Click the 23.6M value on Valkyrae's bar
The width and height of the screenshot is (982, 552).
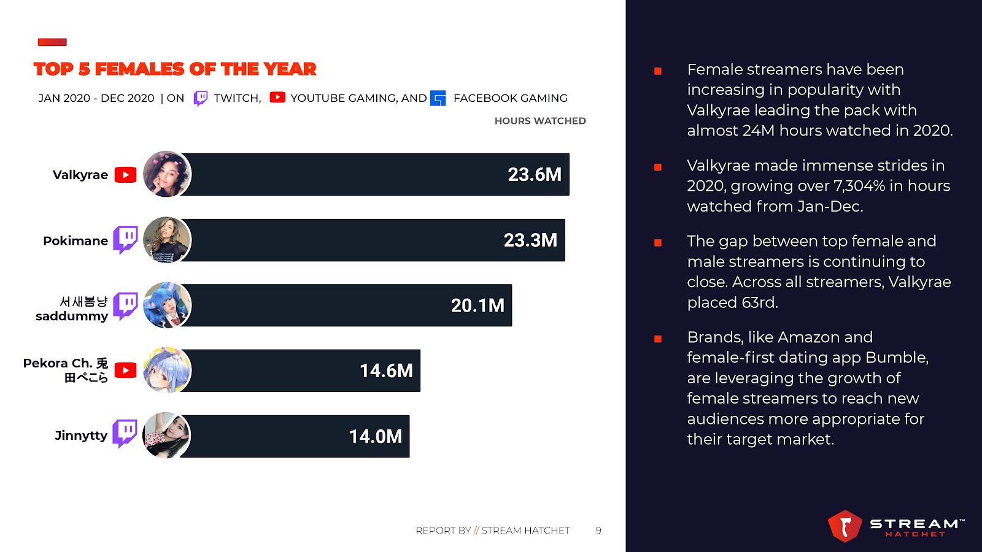tap(534, 175)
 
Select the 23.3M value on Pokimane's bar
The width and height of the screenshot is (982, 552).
tap(530, 240)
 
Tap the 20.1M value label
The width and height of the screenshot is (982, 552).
tap(477, 305)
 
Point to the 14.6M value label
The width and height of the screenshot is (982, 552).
tap(386, 371)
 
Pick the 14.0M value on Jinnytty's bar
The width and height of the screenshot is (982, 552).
tap(376, 437)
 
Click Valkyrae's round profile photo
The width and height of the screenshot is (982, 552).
tap(167, 174)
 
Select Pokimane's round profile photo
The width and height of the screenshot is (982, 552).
tap(167, 240)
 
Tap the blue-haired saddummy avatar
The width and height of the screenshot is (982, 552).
tap(167, 305)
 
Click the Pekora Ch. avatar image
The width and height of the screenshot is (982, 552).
tap(167, 370)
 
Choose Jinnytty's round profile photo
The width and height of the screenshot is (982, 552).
tap(167, 435)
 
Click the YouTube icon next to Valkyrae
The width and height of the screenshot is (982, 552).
tap(126, 175)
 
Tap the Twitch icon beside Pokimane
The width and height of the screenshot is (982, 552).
tap(126, 239)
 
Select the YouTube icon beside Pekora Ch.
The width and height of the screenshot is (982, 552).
tap(126, 370)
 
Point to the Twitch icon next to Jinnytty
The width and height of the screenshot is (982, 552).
tap(125, 434)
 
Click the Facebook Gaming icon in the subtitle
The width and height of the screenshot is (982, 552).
tap(438, 98)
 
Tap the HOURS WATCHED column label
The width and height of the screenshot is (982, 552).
tap(540, 121)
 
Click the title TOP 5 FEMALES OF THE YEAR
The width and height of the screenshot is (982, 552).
tap(175, 69)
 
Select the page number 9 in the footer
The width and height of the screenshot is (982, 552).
tap(598, 531)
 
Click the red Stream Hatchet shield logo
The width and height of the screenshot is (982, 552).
tap(845, 526)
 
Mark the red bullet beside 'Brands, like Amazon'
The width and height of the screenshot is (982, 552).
tap(658, 339)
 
